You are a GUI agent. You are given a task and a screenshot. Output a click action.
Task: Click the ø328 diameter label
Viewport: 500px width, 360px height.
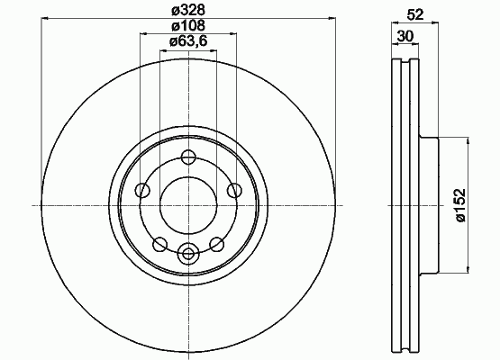click(188, 10)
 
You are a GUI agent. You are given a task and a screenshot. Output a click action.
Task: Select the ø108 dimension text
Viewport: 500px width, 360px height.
click(188, 26)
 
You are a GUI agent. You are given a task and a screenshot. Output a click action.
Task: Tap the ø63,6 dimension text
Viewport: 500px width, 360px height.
click(188, 41)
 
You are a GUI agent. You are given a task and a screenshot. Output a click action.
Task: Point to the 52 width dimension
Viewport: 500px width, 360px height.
click(414, 14)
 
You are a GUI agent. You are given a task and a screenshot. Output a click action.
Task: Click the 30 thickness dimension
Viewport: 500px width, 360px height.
click(405, 36)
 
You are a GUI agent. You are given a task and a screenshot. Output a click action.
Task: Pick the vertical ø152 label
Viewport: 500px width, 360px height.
click(460, 205)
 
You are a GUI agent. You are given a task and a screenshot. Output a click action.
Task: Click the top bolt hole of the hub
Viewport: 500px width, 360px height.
click(188, 157)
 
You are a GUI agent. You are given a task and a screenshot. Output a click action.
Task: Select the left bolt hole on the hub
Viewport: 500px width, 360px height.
click(142, 191)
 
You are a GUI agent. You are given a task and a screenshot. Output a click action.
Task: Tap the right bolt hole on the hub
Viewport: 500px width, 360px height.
click(234, 191)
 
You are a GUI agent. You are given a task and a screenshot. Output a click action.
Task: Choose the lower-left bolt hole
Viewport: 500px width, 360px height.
click(159, 245)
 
